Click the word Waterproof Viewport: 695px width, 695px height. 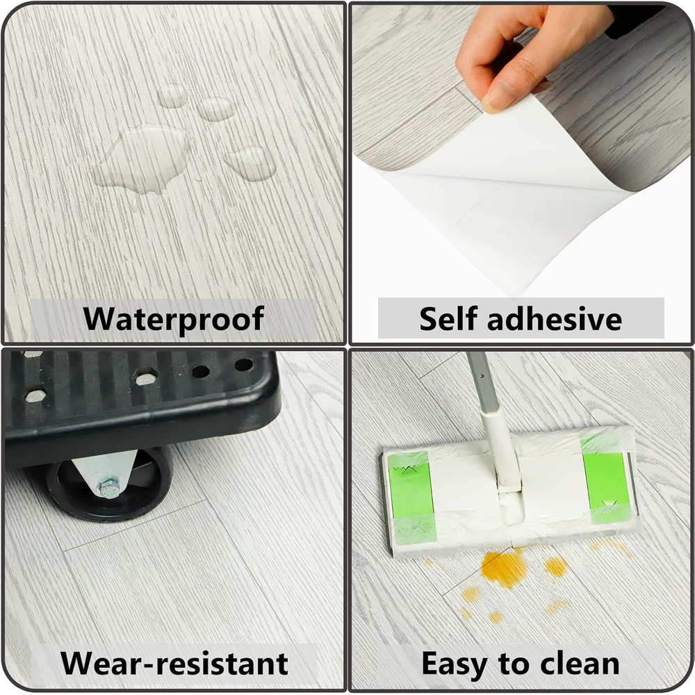(173, 319)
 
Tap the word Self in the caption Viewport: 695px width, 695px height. (448, 319)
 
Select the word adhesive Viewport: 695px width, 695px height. (555, 319)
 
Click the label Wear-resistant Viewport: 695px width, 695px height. (174, 663)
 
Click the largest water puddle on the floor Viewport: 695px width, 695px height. (142, 160)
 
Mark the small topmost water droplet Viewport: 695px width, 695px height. (172, 95)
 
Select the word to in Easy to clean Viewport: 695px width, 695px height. (514, 664)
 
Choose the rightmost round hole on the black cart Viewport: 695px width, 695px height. (243, 365)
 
